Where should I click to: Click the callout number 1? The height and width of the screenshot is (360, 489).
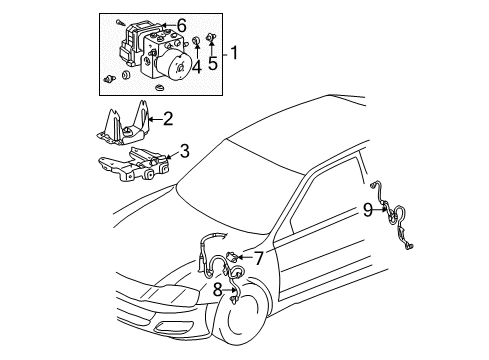point(234,52)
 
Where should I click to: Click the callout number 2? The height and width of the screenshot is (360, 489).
point(167,119)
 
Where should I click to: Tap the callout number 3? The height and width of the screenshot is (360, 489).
point(184,152)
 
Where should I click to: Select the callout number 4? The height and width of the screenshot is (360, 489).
point(196,68)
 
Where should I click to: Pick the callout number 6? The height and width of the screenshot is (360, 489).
point(181,25)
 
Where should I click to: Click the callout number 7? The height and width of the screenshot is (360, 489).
point(258,258)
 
